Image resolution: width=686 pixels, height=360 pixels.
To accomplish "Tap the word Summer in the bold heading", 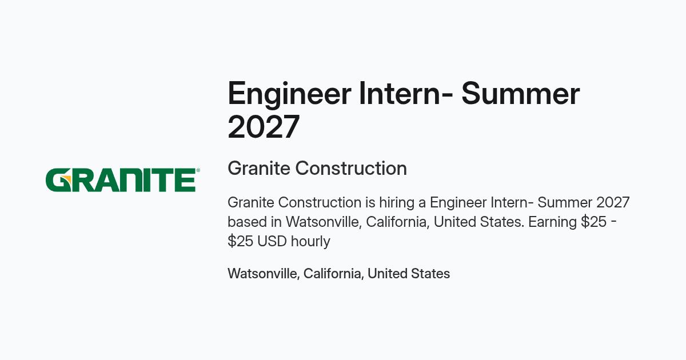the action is coord(521,94).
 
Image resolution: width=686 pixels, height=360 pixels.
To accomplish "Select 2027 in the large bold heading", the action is coord(264,127).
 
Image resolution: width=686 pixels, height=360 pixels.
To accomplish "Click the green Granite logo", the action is coord(122,180).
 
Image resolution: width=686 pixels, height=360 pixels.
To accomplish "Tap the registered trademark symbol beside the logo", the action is coord(198,170).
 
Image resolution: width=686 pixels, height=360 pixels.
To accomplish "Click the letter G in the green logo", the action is coord(58,180).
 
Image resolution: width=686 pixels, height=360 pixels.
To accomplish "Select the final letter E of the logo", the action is coord(185,180).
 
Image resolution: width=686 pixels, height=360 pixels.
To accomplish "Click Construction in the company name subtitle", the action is coord(351,169).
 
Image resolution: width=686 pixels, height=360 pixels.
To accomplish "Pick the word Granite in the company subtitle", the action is coord(259,169).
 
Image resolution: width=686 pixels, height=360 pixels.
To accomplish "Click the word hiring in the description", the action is coord(397,203).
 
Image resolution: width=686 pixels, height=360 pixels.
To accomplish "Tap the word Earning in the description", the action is coord(552,222).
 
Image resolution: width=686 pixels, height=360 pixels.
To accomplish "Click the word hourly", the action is coord(310,242).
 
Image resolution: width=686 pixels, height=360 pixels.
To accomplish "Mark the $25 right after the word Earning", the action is coord(593,222).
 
